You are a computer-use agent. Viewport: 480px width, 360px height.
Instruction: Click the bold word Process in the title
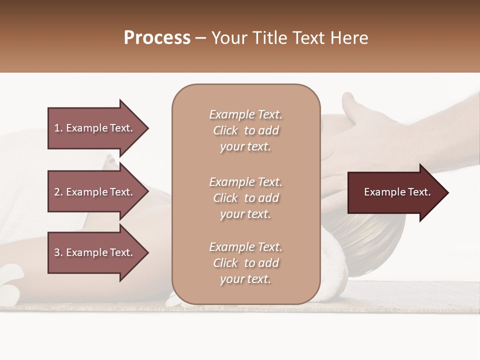click(157, 38)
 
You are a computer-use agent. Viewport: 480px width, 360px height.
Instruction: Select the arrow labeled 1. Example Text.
click(95, 128)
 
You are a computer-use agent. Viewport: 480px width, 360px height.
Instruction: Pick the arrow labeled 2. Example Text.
click(95, 192)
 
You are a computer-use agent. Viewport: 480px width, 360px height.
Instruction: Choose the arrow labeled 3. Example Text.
click(95, 252)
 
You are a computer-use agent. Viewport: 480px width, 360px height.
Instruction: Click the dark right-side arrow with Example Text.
click(395, 192)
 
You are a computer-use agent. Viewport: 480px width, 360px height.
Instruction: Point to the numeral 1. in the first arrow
click(58, 128)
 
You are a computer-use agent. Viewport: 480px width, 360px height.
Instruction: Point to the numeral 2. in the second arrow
click(58, 192)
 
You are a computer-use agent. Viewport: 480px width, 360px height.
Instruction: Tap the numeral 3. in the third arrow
click(58, 252)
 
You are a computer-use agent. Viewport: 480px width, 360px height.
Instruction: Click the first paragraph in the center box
click(245, 130)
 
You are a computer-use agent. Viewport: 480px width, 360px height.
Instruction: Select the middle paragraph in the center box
click(245, 198)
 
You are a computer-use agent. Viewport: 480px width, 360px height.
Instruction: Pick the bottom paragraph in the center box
click(245, 263)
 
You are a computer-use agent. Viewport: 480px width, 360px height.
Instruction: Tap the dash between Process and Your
click(201, 38)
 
